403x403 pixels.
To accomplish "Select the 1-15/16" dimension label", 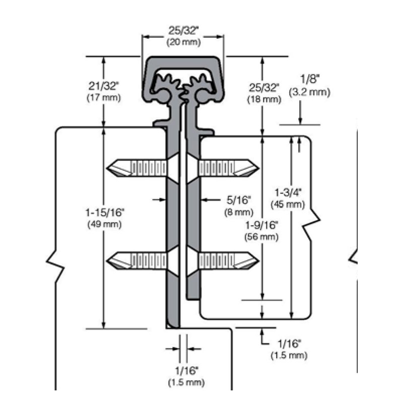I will (x=104, y=214).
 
